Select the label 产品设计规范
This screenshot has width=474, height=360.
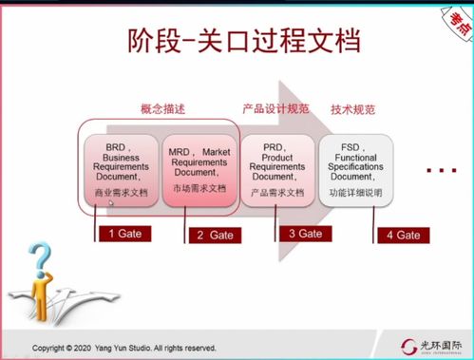coord(275,109)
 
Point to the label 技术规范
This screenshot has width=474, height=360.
coord(353,109)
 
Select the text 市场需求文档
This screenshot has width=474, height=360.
coord(199,189)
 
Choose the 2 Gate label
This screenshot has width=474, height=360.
coord(214,235)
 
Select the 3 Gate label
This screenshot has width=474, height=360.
coord(304,233)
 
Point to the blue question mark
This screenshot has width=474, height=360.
coord(39,259)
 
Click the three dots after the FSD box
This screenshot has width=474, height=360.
coord(441,172)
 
